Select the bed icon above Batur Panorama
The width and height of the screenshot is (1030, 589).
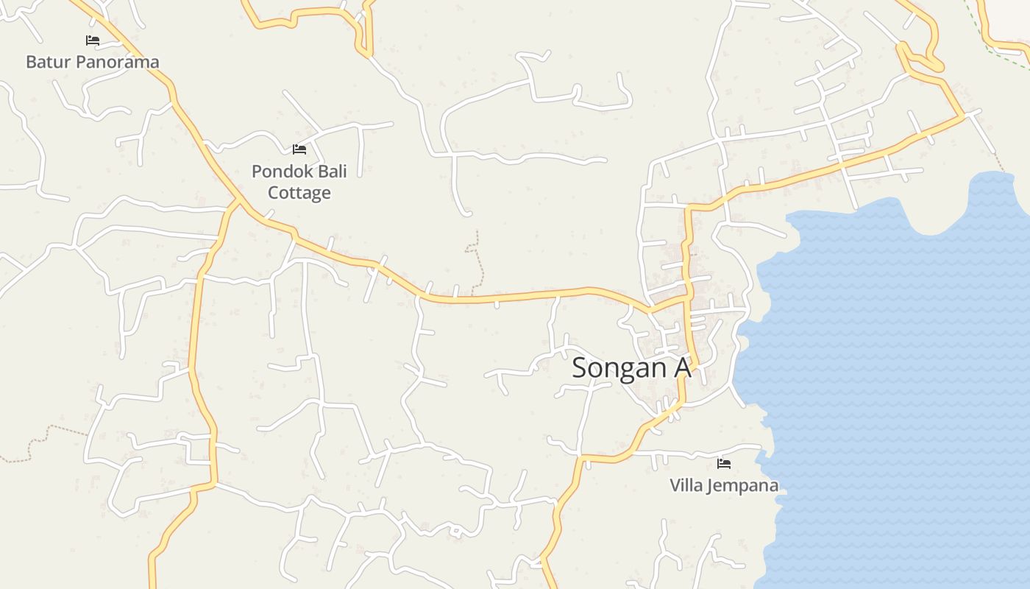point(93,40)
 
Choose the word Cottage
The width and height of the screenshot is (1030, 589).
point(299,193)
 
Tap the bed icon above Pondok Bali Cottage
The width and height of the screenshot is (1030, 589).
point(299,149)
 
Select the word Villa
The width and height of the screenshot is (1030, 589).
point(686,486)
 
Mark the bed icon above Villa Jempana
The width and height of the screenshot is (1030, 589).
point(724,464)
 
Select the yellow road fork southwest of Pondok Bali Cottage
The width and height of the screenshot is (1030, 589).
point(238,200)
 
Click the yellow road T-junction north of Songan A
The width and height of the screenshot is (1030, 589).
point(687,299)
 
